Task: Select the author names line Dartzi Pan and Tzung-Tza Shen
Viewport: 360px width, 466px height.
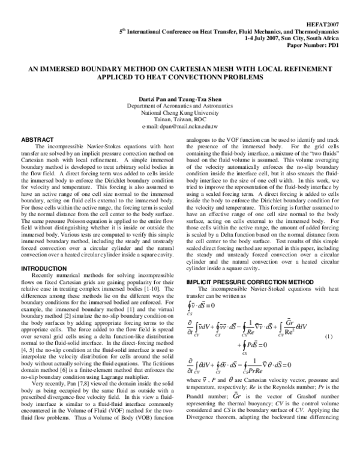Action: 179,98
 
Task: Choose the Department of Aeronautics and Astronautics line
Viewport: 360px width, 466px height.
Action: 179,106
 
